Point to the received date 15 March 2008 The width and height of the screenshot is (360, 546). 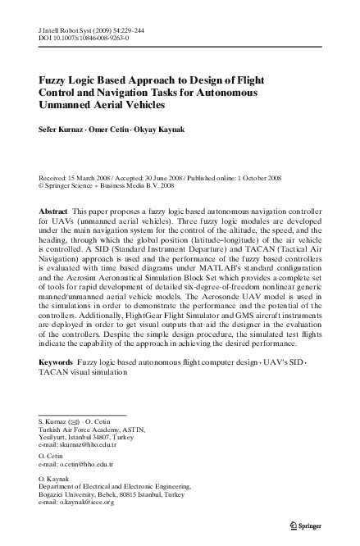point(94,176)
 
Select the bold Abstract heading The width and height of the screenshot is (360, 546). point(54,212)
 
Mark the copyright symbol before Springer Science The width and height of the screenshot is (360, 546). point(42,184)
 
